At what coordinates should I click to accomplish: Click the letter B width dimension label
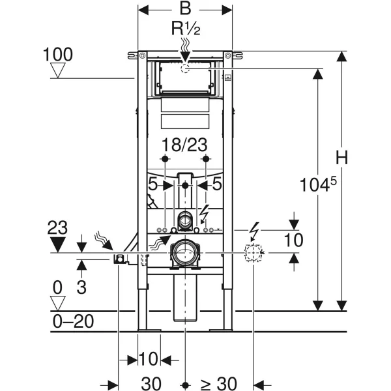[185, 8]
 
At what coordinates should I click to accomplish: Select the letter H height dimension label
[341, 158]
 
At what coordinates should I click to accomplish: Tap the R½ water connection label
[186, 28]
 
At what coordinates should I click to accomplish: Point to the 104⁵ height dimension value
[318, 184]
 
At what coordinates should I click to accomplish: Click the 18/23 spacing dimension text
[184, 145]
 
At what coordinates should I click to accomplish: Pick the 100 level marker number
[58, 54]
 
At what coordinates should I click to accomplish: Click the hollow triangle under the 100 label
[58, 70]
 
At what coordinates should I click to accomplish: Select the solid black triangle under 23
[58, 244]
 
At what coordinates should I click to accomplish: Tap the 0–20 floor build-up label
[73, 321]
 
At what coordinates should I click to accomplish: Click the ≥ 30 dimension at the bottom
[218, 383]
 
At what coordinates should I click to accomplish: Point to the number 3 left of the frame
[81, 287]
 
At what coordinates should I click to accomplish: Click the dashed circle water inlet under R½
[185, 68]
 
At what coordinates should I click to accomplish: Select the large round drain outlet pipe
[185, 253]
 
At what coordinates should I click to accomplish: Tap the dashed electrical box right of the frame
[253, 253]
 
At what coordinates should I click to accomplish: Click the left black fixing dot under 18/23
[165, 158]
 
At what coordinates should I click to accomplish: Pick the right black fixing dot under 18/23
[206, 158]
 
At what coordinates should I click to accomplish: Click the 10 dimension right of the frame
[294, 240]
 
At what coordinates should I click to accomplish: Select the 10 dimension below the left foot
[149, 359]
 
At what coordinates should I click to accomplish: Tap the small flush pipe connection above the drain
[185, 220]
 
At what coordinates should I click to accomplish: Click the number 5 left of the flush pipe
[153, 184]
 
